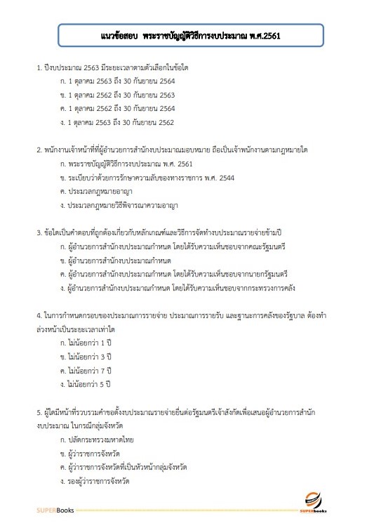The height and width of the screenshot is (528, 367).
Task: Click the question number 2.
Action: (x=39, y=150)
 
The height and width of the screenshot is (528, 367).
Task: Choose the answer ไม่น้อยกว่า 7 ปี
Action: (x=87, y=370)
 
